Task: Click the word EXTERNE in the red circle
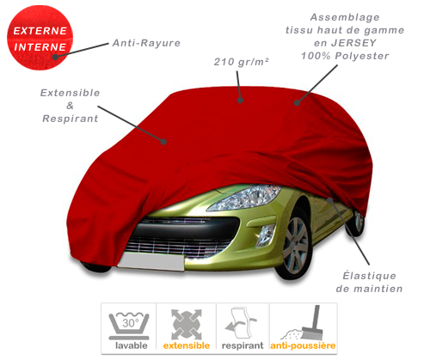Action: click(40, 31)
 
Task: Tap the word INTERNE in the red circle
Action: click(40, 47)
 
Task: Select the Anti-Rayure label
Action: click(146, 43)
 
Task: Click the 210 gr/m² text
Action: click(242, 62)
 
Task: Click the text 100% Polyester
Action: click(345, 56)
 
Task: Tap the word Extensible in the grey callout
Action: click(70, 93)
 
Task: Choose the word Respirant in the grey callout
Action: click(71, 119)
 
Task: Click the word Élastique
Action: click(370, 276)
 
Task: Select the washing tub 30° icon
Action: click(129, 326)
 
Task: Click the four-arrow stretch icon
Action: click(187, 324)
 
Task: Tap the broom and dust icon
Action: click(303, 323)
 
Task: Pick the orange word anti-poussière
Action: click(303, 345)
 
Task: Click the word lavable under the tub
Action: click(132, 345)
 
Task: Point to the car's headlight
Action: click(243, 197)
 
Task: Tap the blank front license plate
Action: click(151, 262)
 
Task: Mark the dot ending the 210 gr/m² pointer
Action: click(240, 101)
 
